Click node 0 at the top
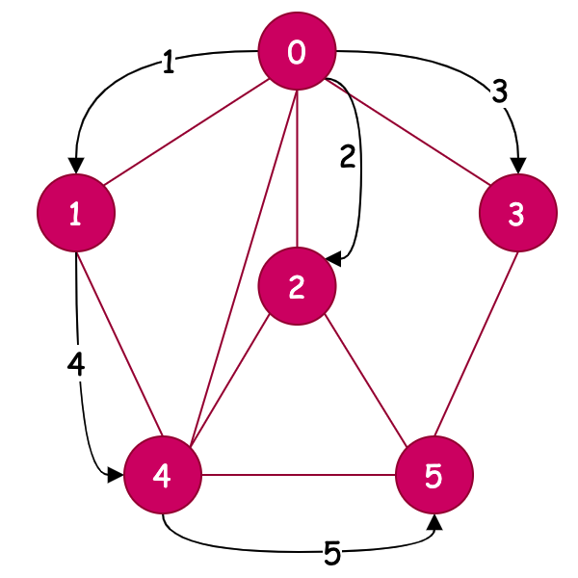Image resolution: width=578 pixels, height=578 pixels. point(297,54)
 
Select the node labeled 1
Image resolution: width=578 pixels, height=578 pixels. point(75,215)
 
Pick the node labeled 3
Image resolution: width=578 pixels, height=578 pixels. point(517,215)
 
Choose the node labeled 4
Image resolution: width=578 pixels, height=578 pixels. point(163,475)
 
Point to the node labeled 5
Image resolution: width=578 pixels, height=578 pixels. point(434,474)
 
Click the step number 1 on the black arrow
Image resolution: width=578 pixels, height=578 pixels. point(169,64)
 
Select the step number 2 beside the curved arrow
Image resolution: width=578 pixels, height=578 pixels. point(348,156)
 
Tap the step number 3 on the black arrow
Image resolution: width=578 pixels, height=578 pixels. point(498,92)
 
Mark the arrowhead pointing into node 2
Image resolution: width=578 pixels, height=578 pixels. point(331,260)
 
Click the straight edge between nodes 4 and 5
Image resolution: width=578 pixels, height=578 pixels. point(299,475)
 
